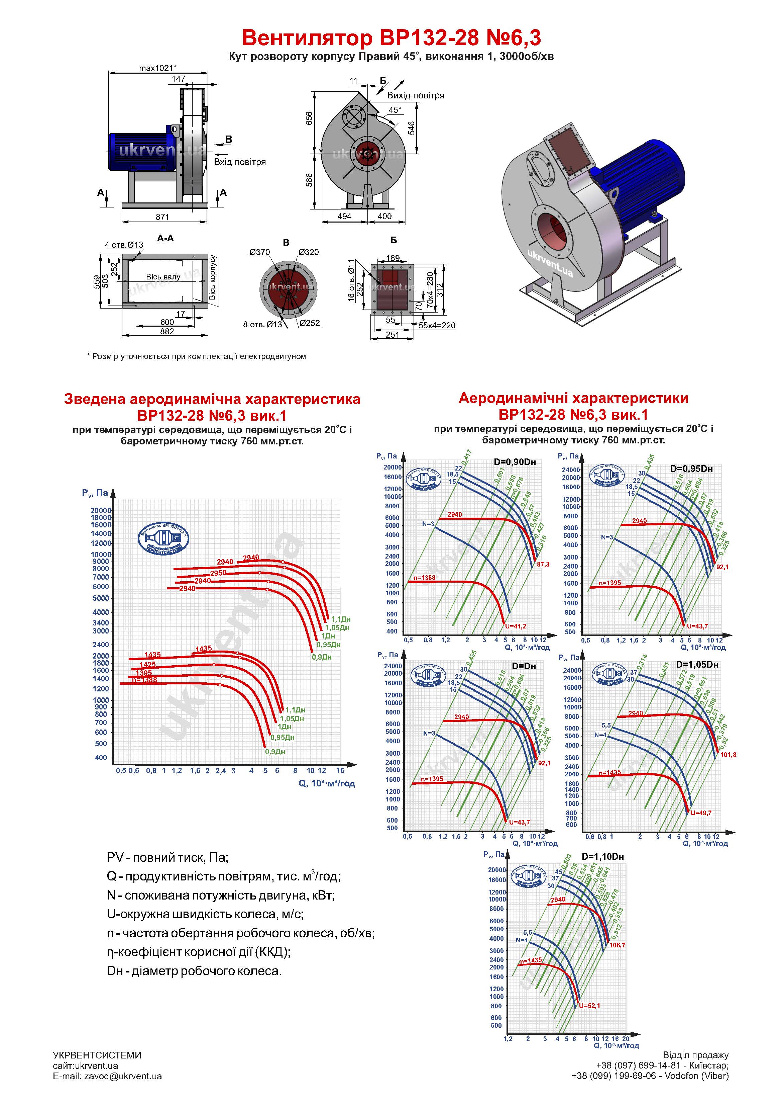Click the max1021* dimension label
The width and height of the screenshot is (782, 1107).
pyautogui.click(x=157, y=68)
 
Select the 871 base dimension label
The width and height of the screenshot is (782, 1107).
pyautogui.click(x=162, y=217)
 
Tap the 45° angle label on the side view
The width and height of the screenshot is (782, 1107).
pyautogui.click(x=395, y=110)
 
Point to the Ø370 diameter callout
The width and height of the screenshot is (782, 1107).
pyautogui.click(x=260, y=252)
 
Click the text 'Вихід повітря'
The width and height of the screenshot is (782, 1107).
pyautogui.click(x=415, y=95)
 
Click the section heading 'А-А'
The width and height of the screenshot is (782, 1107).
pyautogui.click(x=165, y=239)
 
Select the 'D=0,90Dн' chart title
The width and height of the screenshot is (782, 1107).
pyautogui.click(x=515, y=462)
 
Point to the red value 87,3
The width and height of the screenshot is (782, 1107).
pyautogui.click(x=543, y=564)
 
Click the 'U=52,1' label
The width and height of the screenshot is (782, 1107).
pyautogui.click(x=589, y=1006)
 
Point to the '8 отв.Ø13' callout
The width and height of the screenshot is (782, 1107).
pyautogui.click(x=262, y=325)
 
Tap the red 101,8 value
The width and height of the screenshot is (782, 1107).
pyautogui.click(x=728, y=755)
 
